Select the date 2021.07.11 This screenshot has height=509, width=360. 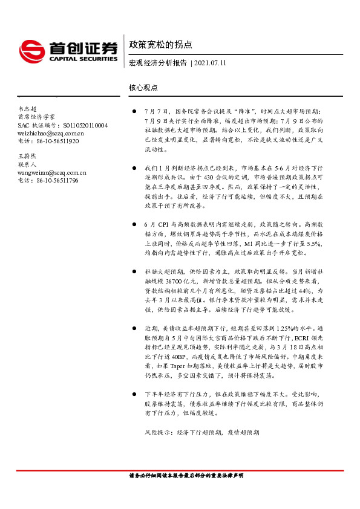tap(211, 63)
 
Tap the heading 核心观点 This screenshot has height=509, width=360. tap(143, 87)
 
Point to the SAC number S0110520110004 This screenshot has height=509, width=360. tap(85, 125)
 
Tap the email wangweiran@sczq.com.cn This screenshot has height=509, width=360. tap(52, 172)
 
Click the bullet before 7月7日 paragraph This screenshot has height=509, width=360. tap(134, 112)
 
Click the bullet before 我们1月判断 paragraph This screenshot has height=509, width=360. tap(134, 166)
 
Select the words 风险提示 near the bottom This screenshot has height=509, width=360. tap(156, 432)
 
